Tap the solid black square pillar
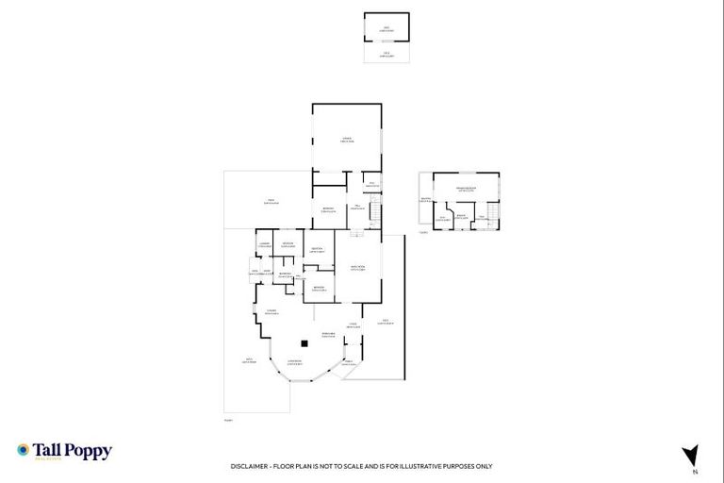click(304, 343)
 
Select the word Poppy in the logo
click(88, 452)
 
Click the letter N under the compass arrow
click(694, 472)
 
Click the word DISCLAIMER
click(250, 466)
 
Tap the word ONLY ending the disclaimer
click(483, 466)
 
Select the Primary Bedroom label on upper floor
click(466, 190)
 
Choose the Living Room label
click(294, 362)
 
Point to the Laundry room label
click(263, 245)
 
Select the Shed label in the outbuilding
click(387, 27)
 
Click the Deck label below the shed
click(387, 54)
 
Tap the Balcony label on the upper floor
click(426, 200)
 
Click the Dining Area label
click(328, 334)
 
